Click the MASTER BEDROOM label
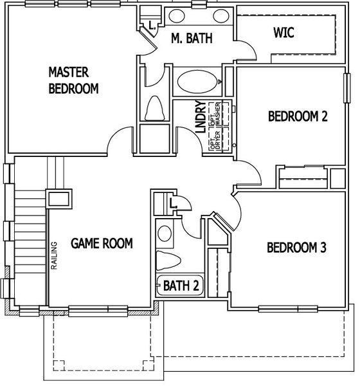73,80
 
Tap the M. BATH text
192,39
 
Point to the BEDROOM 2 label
298,116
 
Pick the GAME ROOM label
102,243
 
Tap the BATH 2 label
180,285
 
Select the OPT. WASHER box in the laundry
221,113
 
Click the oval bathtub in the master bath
197,83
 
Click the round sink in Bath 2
164,232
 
